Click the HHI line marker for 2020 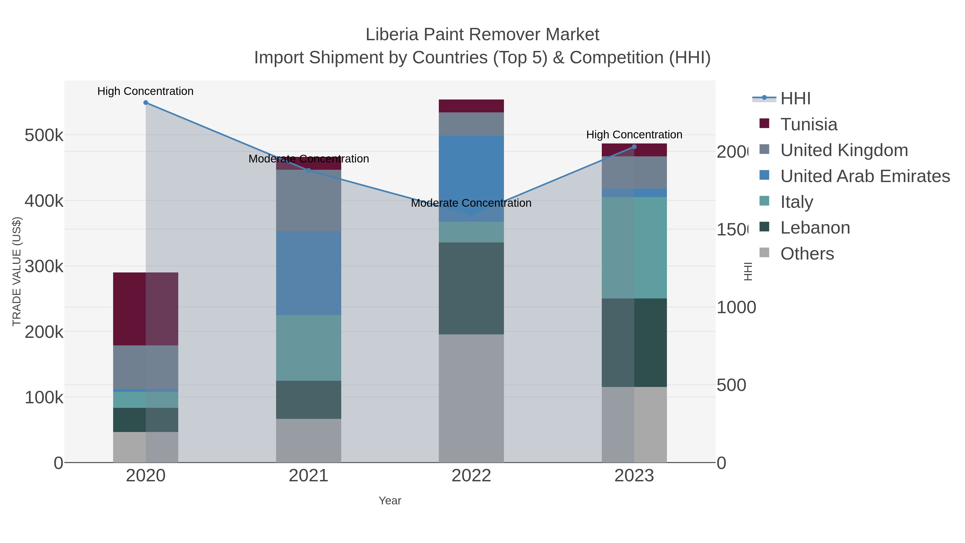pos(146,102)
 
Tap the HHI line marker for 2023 pos(634,146)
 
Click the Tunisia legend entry pos(808,124)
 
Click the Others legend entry pos(807,254)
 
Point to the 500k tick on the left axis pos(44,135)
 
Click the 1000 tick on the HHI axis pos(736,308)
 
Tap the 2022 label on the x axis pos(471,475)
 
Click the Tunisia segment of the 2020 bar pos(146,309)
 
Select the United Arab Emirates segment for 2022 pos(471,178)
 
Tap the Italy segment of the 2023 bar pos(634,248)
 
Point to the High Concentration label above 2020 pos(145,91)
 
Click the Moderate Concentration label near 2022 pos(471,203)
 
